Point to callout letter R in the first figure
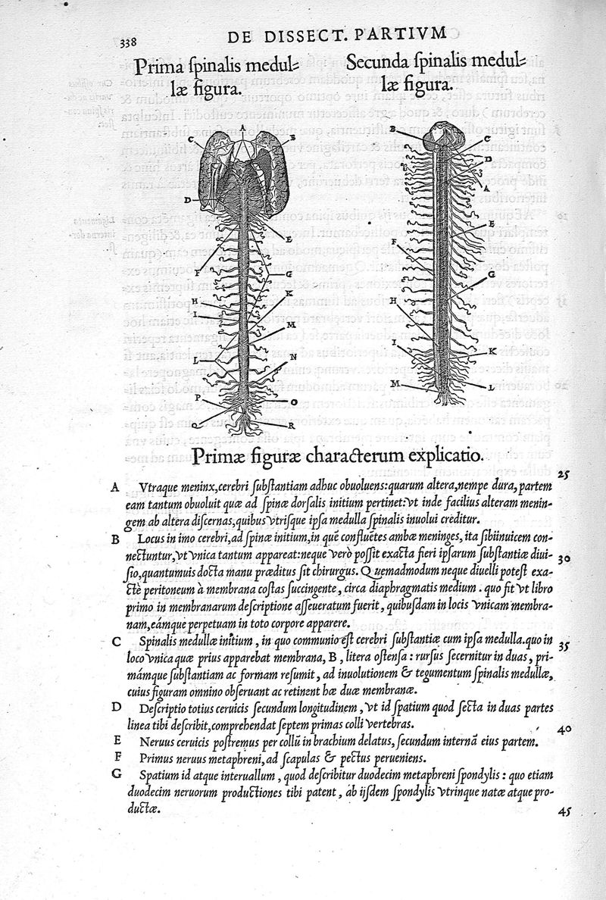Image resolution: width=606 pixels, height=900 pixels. pyautogui.click(x=291, y=427)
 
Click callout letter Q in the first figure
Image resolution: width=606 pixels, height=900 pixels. pyautogui.click(x=195, y=426)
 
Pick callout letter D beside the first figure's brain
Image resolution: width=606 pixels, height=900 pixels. pyautogui.click(x=187, y=200)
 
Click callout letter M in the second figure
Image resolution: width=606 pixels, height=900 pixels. pyautogui.click(x=395, y=385)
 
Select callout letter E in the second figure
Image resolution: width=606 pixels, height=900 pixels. pyautogui.click(x=492, y=225)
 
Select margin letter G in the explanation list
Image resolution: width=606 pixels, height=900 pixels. pyautogui.click(x=115, y=773)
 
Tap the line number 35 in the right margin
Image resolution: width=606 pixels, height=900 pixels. pyautogui.click(x=562, y=646)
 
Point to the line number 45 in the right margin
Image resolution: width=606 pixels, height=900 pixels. pyautogui.click(x=563, y=809)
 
